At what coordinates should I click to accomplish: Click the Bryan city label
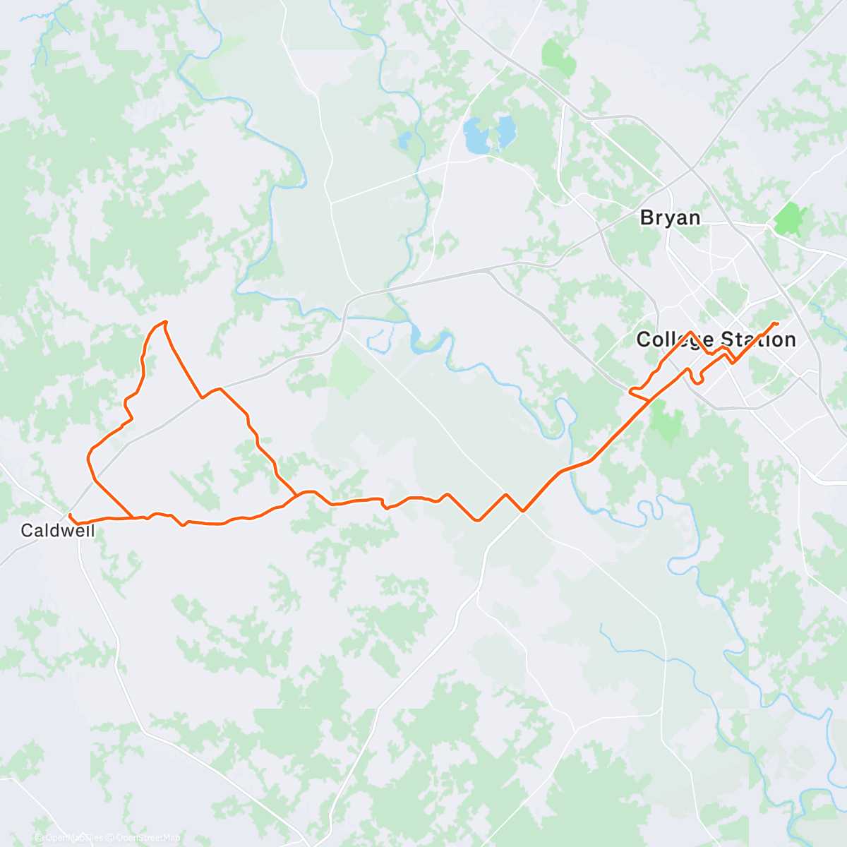(x=670, y=217)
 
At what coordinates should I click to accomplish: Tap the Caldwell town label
(x=57, y=530)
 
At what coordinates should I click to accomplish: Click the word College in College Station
(x=675, y=340)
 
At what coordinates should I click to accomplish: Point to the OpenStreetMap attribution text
(x=148, y=838)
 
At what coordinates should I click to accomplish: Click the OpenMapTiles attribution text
(x=73, y=838)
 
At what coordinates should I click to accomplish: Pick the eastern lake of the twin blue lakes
(x=506, y=131)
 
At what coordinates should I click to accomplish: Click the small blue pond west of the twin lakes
(x=404, y=140)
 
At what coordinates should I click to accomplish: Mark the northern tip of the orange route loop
(x=165, y=323)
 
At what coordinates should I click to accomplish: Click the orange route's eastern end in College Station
(x=776, y=323)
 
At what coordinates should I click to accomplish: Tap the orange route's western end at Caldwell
(x=69, y=515)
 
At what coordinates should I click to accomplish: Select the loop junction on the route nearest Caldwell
(x=133, y=517)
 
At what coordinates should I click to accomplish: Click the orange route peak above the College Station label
(x=690, y=332)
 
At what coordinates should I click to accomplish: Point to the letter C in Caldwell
(x=27, y=530)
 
